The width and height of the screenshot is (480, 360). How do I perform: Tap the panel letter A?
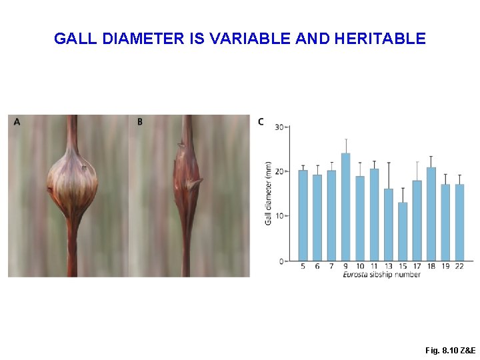tap(17, 121)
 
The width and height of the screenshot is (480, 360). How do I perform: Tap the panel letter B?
tap(140, 121)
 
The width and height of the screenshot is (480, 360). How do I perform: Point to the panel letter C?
tap(261, 121)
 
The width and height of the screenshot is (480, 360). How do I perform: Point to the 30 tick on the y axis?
tap(281, 127)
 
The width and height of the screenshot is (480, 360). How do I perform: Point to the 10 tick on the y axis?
tap(281, 216)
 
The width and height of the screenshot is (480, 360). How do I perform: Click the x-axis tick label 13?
tap(389, 267)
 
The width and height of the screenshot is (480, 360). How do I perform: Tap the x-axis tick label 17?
tap(417, 267)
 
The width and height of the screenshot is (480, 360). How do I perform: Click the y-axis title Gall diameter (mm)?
tap(269, 193)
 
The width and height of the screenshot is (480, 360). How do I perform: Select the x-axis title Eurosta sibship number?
tap(381, 275)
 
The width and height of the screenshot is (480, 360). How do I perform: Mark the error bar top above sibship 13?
tap(389, 163)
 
